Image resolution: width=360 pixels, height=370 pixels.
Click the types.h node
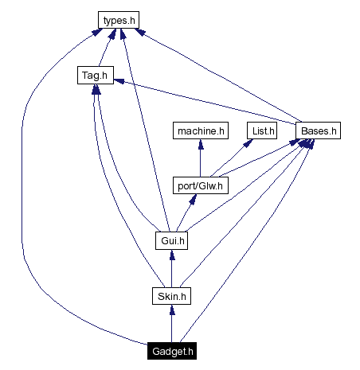(119, 18)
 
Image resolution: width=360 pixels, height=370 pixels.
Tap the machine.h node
(201, 130)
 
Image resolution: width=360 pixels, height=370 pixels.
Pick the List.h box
(260, 130)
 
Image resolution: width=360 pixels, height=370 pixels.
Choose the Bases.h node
(318, 130)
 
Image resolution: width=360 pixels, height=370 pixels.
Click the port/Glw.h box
(201, 186)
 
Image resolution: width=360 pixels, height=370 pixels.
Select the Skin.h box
(170, 296)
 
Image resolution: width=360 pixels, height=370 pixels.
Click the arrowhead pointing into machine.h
(201, 144)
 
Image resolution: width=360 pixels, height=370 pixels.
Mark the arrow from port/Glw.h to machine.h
(201, 159)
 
